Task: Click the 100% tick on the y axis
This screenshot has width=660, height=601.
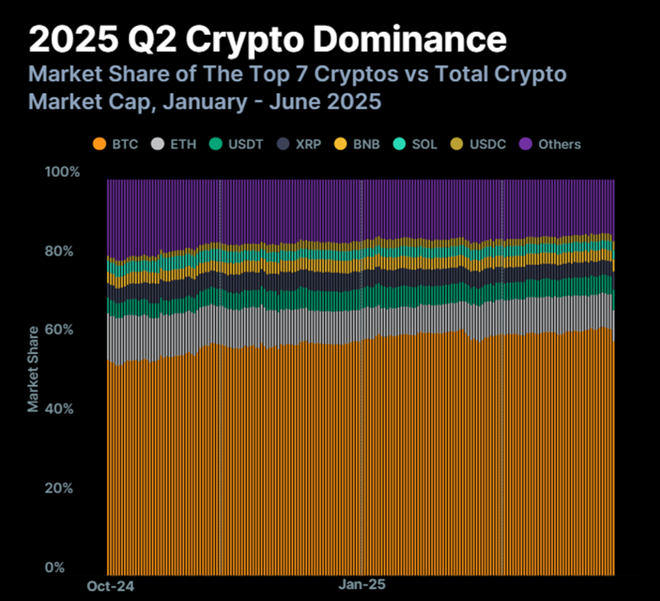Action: coord(63,172)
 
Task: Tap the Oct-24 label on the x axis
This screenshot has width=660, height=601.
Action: coord(105,587)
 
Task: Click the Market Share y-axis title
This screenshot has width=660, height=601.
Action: coord(34,369)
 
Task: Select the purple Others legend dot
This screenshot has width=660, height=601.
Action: coord(525,144)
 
